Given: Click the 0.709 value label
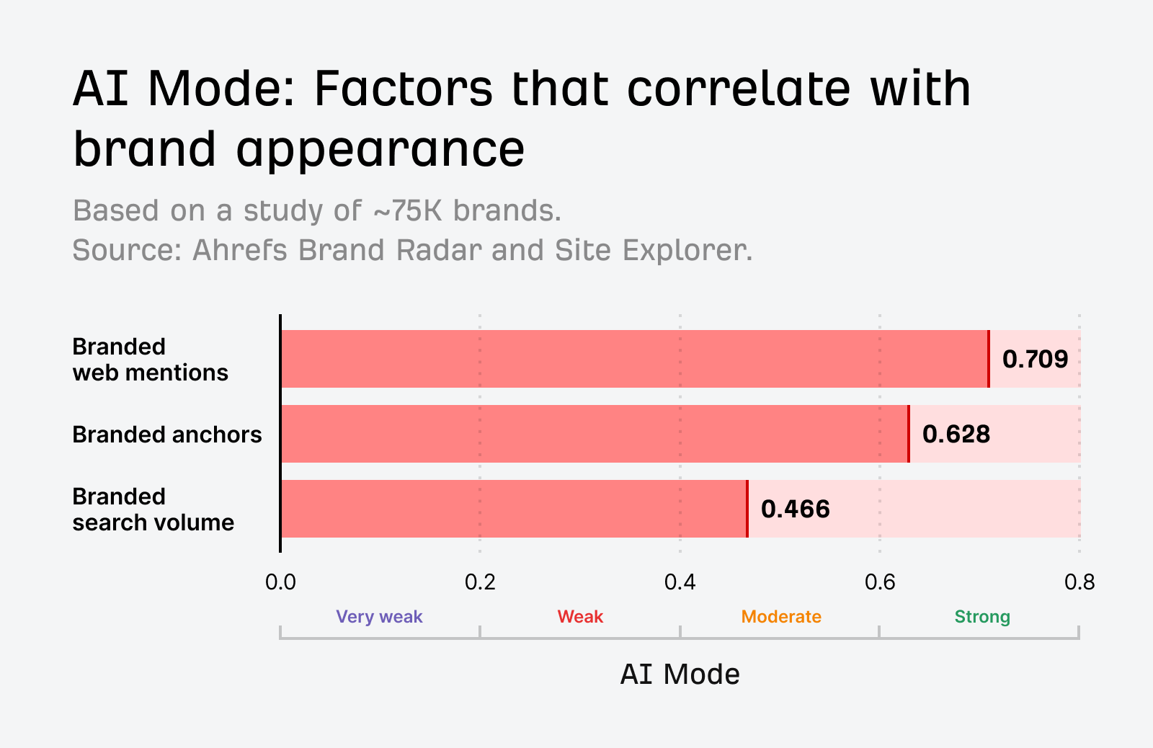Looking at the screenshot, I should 1035,359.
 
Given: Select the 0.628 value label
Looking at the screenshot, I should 956,434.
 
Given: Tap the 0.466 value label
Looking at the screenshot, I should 795,509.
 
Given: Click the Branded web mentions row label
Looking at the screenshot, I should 150,360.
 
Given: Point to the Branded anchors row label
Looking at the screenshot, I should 167,435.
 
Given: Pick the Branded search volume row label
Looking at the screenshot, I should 153,509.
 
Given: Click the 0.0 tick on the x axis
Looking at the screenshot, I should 280,582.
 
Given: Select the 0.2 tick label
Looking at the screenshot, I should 480,582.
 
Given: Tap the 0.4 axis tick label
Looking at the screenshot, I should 680,582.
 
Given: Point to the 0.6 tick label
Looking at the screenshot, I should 879,582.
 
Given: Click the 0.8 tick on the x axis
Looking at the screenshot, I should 1079,582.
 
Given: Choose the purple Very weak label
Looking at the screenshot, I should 379,617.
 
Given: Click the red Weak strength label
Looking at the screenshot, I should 580,617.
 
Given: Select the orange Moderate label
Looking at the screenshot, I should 781,617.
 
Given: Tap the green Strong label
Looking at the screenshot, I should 982,617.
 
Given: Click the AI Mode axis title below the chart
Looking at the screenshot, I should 680,674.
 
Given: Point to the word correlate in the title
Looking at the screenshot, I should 739,89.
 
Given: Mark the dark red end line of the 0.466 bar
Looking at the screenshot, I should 747,509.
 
